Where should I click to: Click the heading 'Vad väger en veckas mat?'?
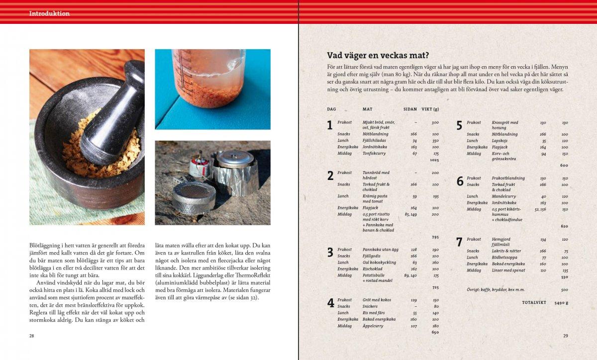tap(378, 55)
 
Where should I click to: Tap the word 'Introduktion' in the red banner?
tap(49, 13)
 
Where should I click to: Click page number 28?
tap(32, 336)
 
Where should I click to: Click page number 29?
tap(565, 336)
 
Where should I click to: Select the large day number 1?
tap(330, 126)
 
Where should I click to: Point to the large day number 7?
tap(459, 242)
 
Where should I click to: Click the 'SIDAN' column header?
tap(410, 109)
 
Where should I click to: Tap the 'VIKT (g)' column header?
tap(430, 109)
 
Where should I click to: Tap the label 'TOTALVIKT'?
tap(534, 302)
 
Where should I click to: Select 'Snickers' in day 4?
tap(370, 306)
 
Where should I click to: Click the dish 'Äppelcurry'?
tap(373, 326)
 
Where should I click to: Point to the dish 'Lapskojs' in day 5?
tap(500, 141)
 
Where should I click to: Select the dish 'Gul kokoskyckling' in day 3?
tap(379, 263)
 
